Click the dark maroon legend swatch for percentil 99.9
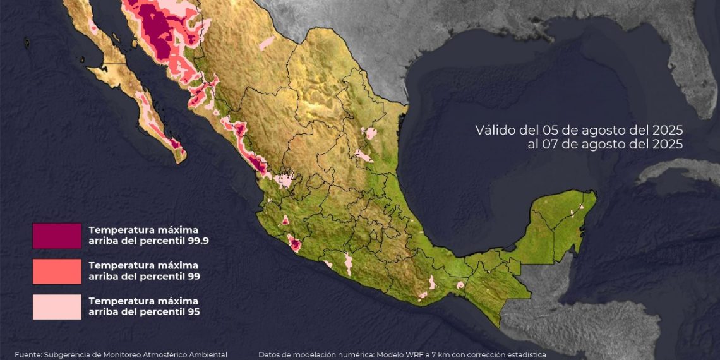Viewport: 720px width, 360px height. tap(57, 236)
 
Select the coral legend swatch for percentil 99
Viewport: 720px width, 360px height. tap(57, 271)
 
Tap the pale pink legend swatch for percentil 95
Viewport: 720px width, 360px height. tap(57, 306)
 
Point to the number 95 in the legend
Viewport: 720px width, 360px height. tap(195, 311)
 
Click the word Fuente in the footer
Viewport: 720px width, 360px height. tap(27, 355)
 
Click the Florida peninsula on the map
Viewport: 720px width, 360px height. tap(698, 76)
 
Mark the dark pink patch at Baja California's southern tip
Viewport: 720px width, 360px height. tap(177, 147)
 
